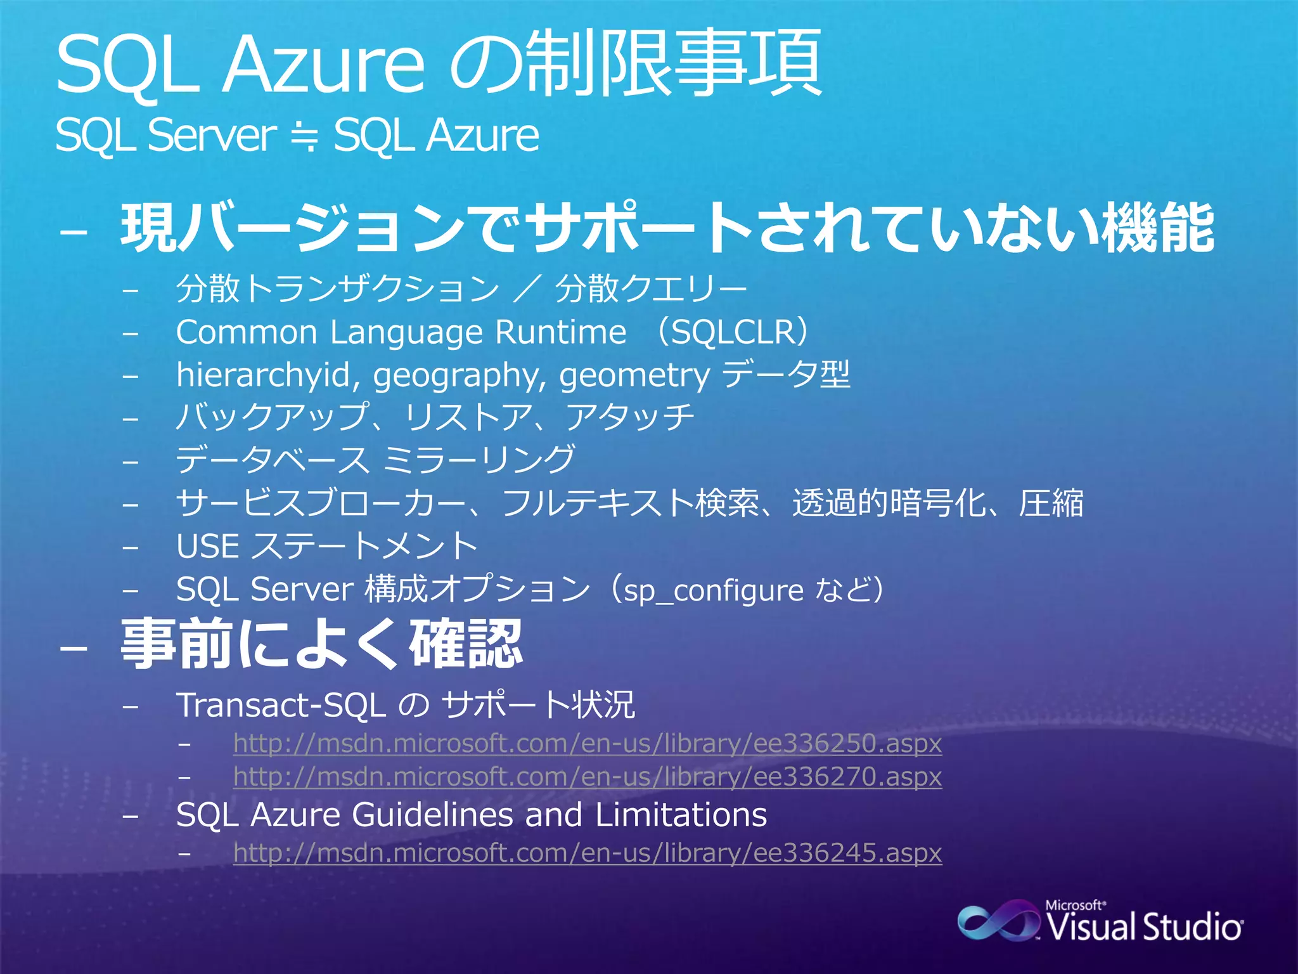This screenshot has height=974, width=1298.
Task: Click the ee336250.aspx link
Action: tap(587, 743)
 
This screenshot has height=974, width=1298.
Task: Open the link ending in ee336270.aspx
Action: tap(587, 776)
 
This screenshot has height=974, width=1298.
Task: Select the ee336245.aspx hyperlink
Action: tap(587, 852)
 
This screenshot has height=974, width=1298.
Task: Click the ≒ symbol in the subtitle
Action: tap(305, 136)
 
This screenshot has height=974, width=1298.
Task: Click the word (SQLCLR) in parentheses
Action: tap(735, 332)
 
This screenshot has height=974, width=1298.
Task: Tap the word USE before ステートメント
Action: tap(208, 546)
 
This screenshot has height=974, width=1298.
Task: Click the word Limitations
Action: tap(681, 815)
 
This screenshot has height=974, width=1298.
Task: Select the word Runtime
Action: tap(560, 332)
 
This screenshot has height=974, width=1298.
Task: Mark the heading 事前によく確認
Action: tap(321, 645)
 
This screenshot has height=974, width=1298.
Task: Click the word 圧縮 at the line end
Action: tap(1050, 503)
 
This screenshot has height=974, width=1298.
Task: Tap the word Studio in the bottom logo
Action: tap(1192, 926)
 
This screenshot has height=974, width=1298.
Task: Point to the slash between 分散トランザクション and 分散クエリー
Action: tap(527, 289)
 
